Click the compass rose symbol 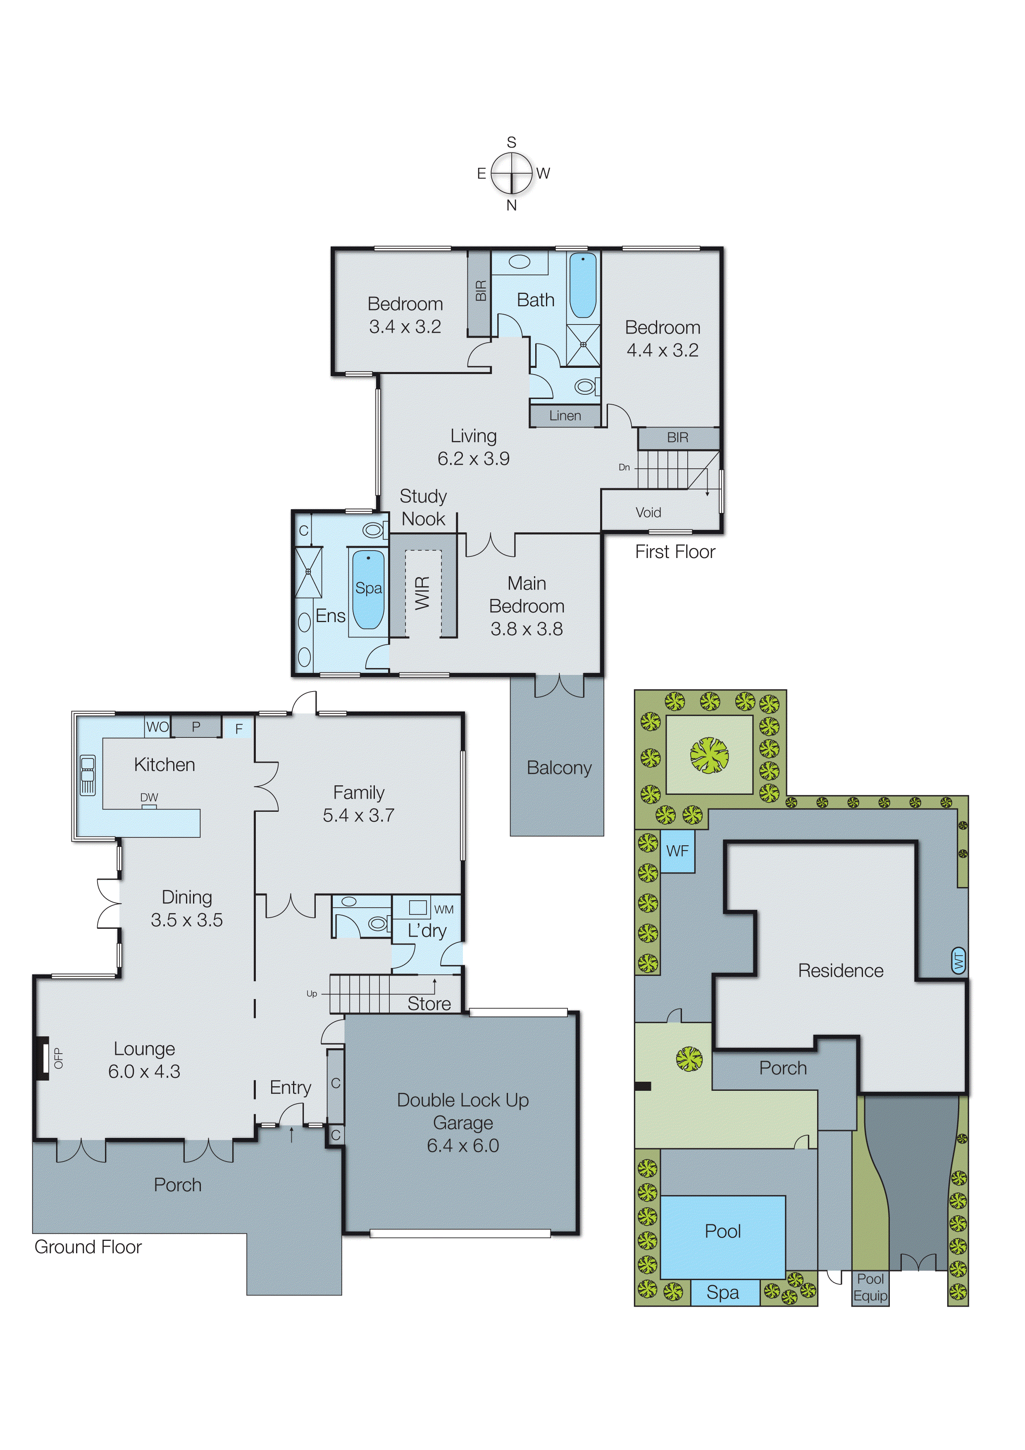coord(512,173)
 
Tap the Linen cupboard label coord(565,415)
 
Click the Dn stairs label coord(624,467)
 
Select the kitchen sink coord(88,775)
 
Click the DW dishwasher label coord(149,798)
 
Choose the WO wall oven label coord(157,727)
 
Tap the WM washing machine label coord(444,909)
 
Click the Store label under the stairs coord(429,1004)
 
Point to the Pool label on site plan coord(722,1231)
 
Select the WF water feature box coord(677,851)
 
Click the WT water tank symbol coord(959,961)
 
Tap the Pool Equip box coord(870,1287)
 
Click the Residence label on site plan coord(841,971)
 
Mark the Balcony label coord(559,768)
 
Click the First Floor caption coord(675,552)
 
